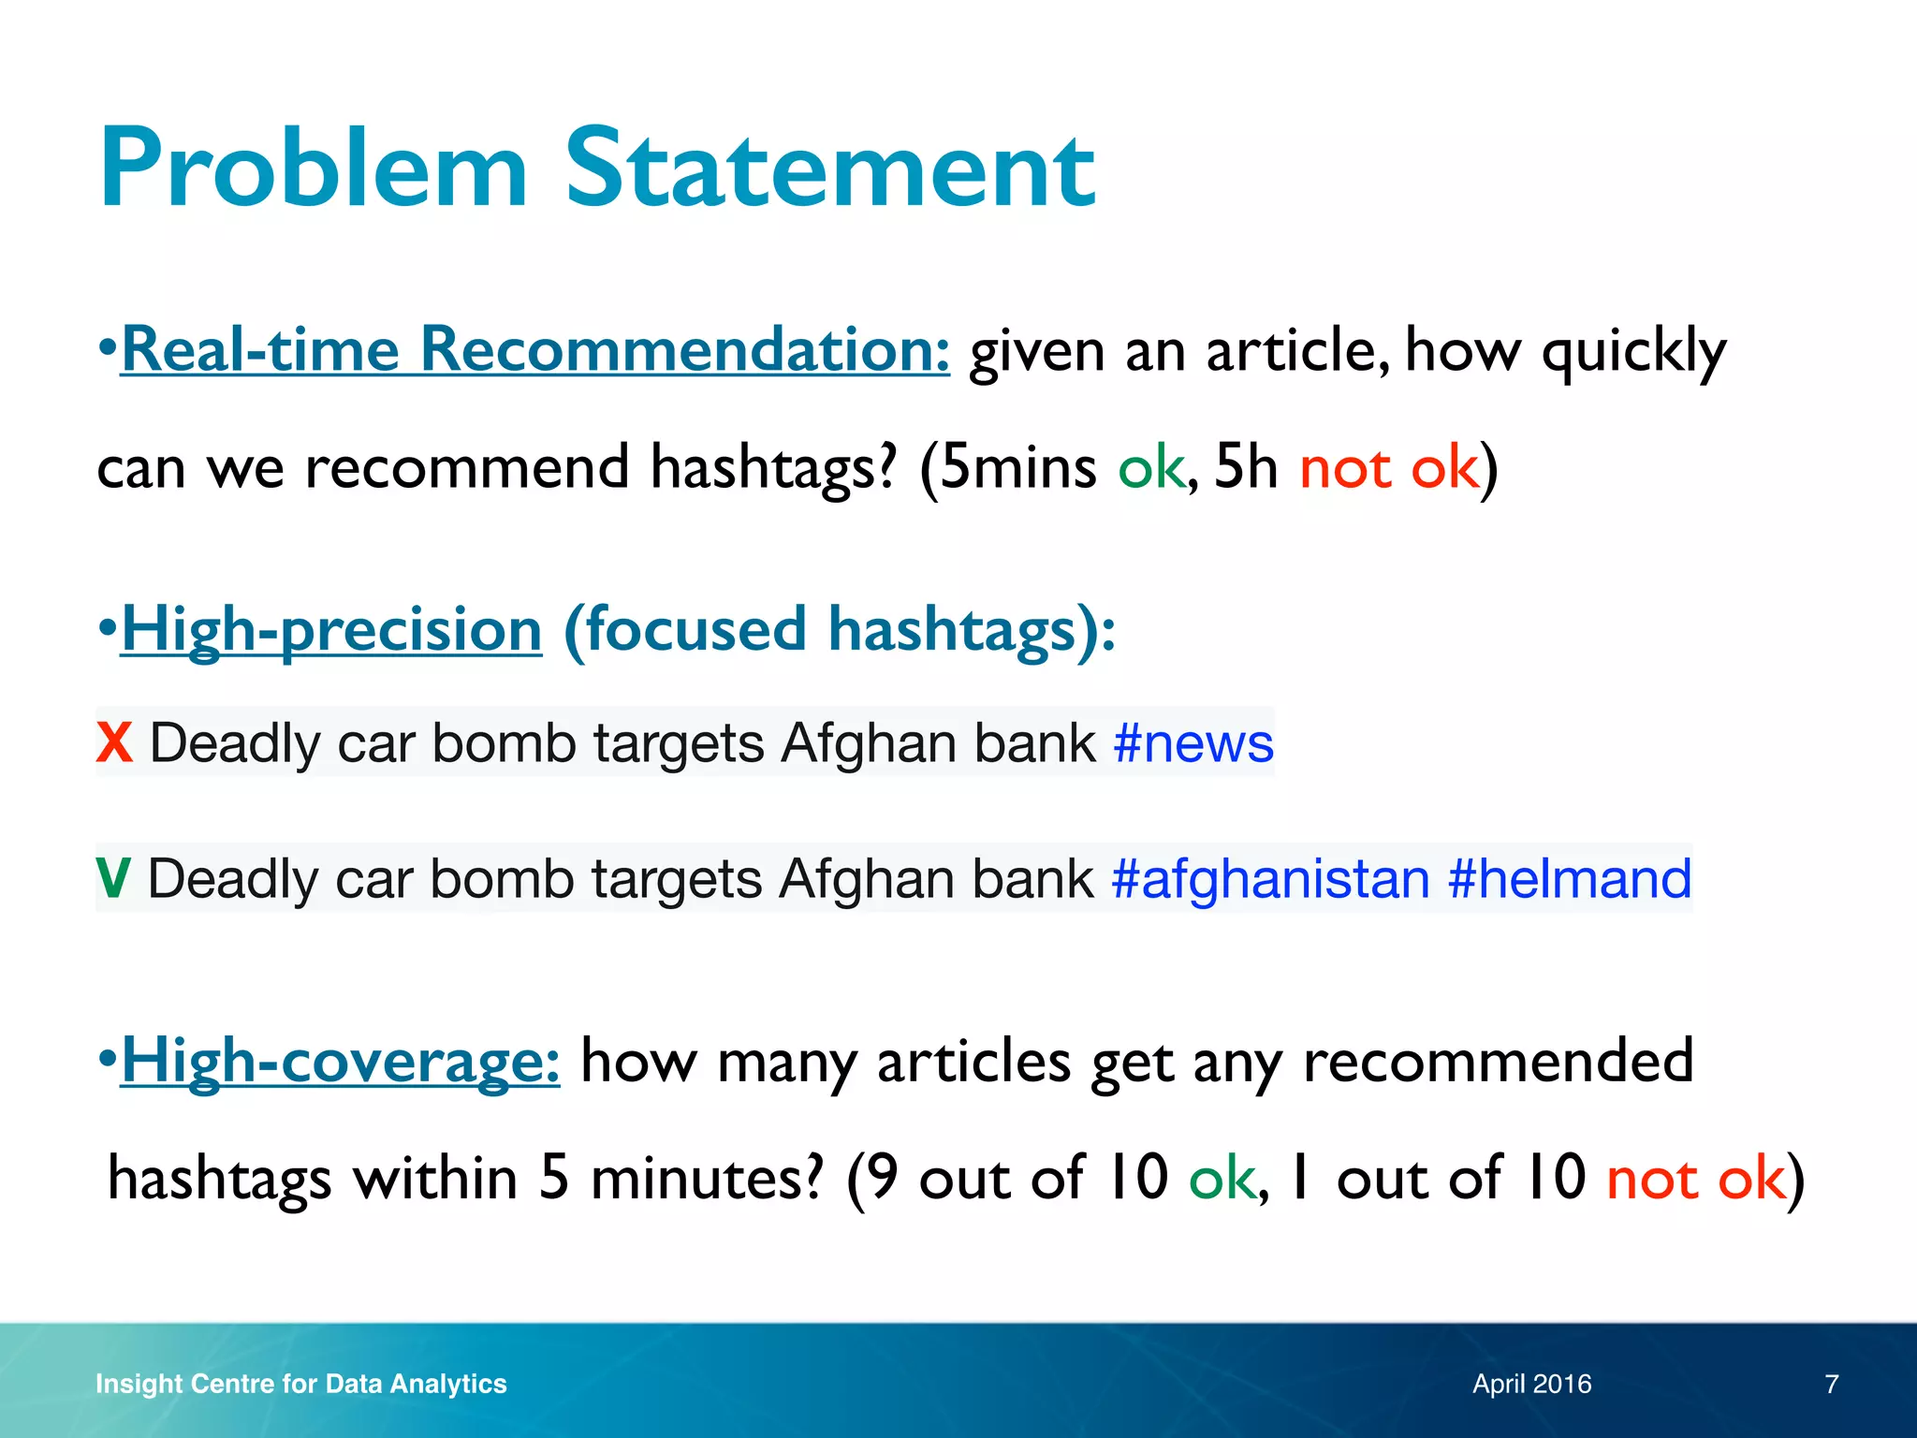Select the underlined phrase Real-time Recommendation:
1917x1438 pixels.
click(x=535, y=350)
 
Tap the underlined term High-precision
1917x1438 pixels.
click(x=331, y=629)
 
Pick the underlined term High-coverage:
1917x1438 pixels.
click(x=341, y=1062)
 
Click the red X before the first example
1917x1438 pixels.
click(x=114, y=743)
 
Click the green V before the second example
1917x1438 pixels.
click(x=113, y=879)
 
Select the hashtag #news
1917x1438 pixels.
click(x=1193, y=743)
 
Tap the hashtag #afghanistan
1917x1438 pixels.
click(x=1270, y=879)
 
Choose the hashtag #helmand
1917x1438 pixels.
click(x=1570, y=879)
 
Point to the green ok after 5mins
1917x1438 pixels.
click(x=1151, y=468)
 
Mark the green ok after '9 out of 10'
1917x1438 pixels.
click(x=1222, y=1179)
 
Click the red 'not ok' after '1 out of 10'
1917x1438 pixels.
click(x=1695, y=1179)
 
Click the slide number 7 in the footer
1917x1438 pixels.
click(x=1832, y=1384)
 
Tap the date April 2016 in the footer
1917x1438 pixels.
click(x=1531, y=1384)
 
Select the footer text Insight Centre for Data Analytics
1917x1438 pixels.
click(x=300, y=1384)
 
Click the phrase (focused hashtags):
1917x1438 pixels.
click(x=840, y=629)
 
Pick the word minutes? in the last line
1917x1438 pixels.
click(x=707, y=1179)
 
